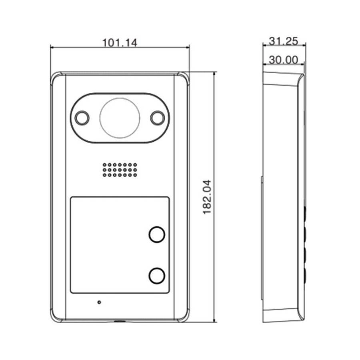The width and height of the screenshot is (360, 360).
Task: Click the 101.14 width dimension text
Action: pos(119,43)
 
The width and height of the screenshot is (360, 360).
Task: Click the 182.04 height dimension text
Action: pos(207,197)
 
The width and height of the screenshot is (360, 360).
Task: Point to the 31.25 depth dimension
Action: pos(283,41)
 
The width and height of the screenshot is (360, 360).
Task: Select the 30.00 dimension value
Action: pos(283,60)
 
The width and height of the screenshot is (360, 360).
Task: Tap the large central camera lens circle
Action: pos(120,118)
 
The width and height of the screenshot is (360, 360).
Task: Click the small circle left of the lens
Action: pos(82,118)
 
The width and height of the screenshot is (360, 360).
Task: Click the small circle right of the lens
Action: pos(158,118)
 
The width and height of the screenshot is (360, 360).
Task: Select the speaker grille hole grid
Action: pos(120,170)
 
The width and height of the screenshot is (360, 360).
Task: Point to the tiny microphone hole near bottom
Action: pos(99,302)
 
